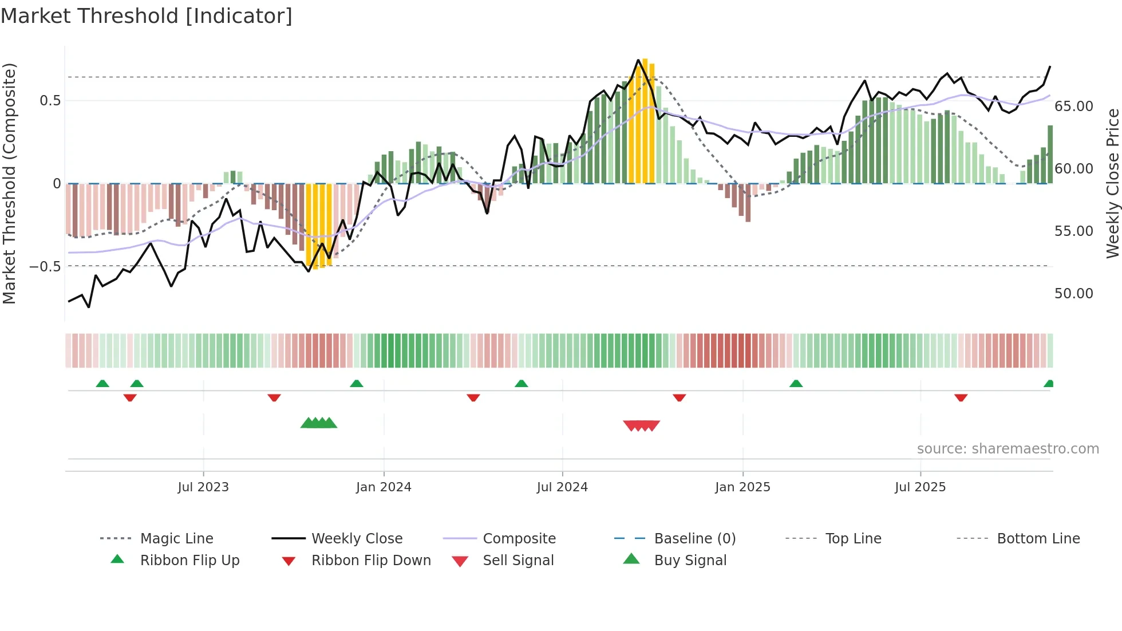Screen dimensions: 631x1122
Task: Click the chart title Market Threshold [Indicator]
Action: click(147, 16)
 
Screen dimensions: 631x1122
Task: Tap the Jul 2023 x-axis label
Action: click(203, 487)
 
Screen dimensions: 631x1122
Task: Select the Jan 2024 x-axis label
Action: click(384, 487)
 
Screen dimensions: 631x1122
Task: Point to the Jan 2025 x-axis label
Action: click(742, 487)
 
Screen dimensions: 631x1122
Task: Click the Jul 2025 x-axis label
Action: click(920, 487)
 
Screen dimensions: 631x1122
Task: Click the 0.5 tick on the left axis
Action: click(50, 101)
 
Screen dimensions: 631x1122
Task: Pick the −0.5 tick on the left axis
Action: click(45, 266)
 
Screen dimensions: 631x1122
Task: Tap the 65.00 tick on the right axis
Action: click(1073, 107)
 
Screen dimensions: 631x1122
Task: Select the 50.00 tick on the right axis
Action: click(1073, 294)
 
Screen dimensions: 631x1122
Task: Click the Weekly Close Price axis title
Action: click(1112, 183)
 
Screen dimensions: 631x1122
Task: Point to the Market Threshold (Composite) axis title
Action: click(9, 183)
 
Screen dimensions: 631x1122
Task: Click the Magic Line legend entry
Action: click(176, 539)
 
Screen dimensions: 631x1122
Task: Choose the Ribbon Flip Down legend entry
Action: click(370, 561)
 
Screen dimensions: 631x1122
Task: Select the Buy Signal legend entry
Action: click(690, 561)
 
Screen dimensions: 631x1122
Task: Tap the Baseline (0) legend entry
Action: click(694, 539)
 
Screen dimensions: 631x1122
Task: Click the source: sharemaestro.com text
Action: click(1008, 449)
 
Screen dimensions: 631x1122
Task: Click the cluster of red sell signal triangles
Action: click(641, 425)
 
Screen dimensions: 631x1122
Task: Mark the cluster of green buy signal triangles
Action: click(319, 423)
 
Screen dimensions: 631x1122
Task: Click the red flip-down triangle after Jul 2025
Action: click(961, 397)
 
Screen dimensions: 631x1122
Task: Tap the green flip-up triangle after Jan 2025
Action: click(796, 384)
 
